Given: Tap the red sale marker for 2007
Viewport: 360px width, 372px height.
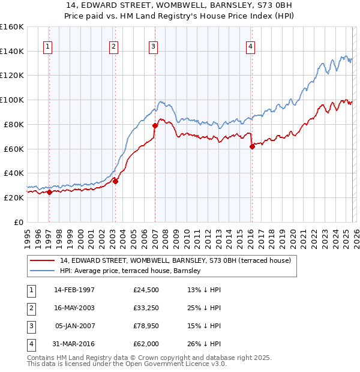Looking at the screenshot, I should pos(155,125).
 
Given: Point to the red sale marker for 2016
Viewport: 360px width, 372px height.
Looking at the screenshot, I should pos(252,146).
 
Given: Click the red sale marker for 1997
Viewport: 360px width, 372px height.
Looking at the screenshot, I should pos(49,192).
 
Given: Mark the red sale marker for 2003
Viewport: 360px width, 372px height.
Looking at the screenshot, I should pos(115,181).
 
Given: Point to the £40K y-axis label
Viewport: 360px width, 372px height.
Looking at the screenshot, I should pos(13,173).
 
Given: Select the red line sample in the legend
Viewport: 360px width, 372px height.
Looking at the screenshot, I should pos(43,260).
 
